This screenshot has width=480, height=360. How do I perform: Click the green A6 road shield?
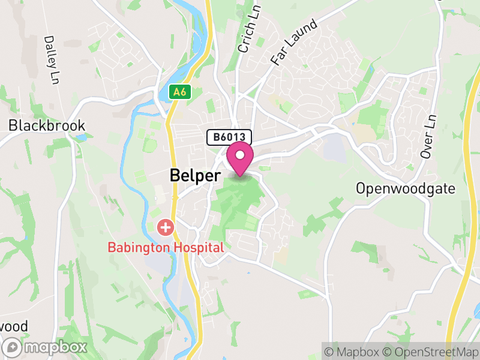tap(179, 92)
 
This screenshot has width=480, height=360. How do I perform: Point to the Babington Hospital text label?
tap(166, 247)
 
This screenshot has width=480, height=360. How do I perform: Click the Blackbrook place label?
tap(47, 125)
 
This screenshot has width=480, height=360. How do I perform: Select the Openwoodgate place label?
tap(405, 188)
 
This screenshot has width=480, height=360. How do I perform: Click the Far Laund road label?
tap(294, 41)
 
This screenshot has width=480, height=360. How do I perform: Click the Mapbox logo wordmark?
tap(55, 347)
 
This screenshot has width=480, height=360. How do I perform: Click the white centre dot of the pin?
tap(241, 155)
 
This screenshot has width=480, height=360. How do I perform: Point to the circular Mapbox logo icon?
tap(13, 347)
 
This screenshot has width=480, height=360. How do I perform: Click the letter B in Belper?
tap(175, 175)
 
